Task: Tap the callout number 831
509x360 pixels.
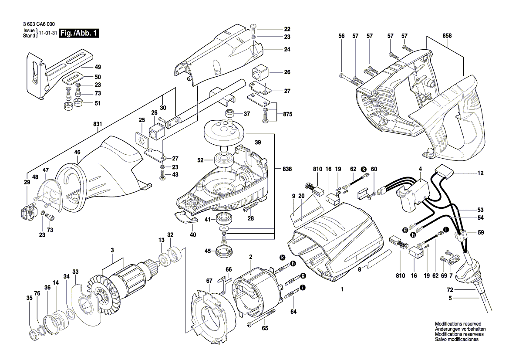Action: coord(98,124)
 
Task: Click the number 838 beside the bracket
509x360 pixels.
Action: coord(287,169)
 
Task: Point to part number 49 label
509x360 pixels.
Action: coord(98,67)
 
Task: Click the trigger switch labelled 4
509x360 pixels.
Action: coord(414,192)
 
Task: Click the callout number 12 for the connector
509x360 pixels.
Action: coord(480,173)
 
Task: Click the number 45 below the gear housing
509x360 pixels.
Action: coord(208,251)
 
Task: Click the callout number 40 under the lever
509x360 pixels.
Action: coord(193,234)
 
